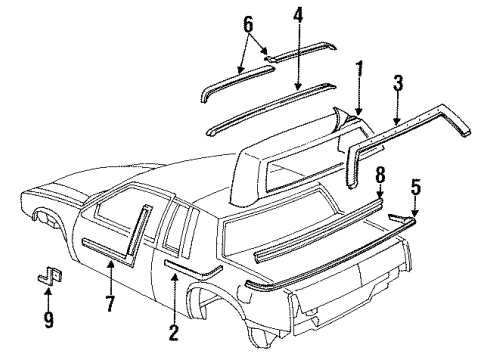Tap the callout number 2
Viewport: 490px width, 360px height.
point(174,331)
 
